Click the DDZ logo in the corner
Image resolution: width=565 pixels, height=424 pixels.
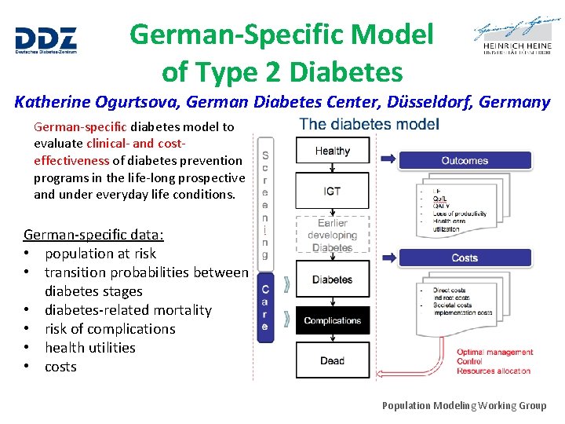[x=46, y=40]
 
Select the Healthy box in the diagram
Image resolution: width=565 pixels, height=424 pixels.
[x=332, y=151]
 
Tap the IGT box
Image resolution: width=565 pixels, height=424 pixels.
[x=332, y=192]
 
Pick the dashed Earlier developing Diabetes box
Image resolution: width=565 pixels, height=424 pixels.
[x=332, y=236]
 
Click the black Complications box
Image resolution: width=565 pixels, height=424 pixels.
[x=332, y=320]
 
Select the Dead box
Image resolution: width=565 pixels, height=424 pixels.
[x=332, y=361]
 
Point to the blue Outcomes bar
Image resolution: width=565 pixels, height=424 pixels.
[x=465, y=161]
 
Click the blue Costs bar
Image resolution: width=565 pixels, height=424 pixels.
[x=465, y=258]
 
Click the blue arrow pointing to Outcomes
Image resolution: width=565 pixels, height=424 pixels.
[x=388, y=159]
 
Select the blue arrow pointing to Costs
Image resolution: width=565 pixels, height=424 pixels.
[x=388, y=257]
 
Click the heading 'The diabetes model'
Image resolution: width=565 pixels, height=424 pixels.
[x=369, y=124]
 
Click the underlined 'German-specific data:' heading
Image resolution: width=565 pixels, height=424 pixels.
[x=93, y=234]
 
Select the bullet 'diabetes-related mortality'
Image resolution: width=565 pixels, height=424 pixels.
[x=128, y=310]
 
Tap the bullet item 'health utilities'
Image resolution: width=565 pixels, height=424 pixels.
[x=89, y=348]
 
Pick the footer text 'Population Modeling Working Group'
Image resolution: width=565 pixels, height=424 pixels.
[x=464, y=405]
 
